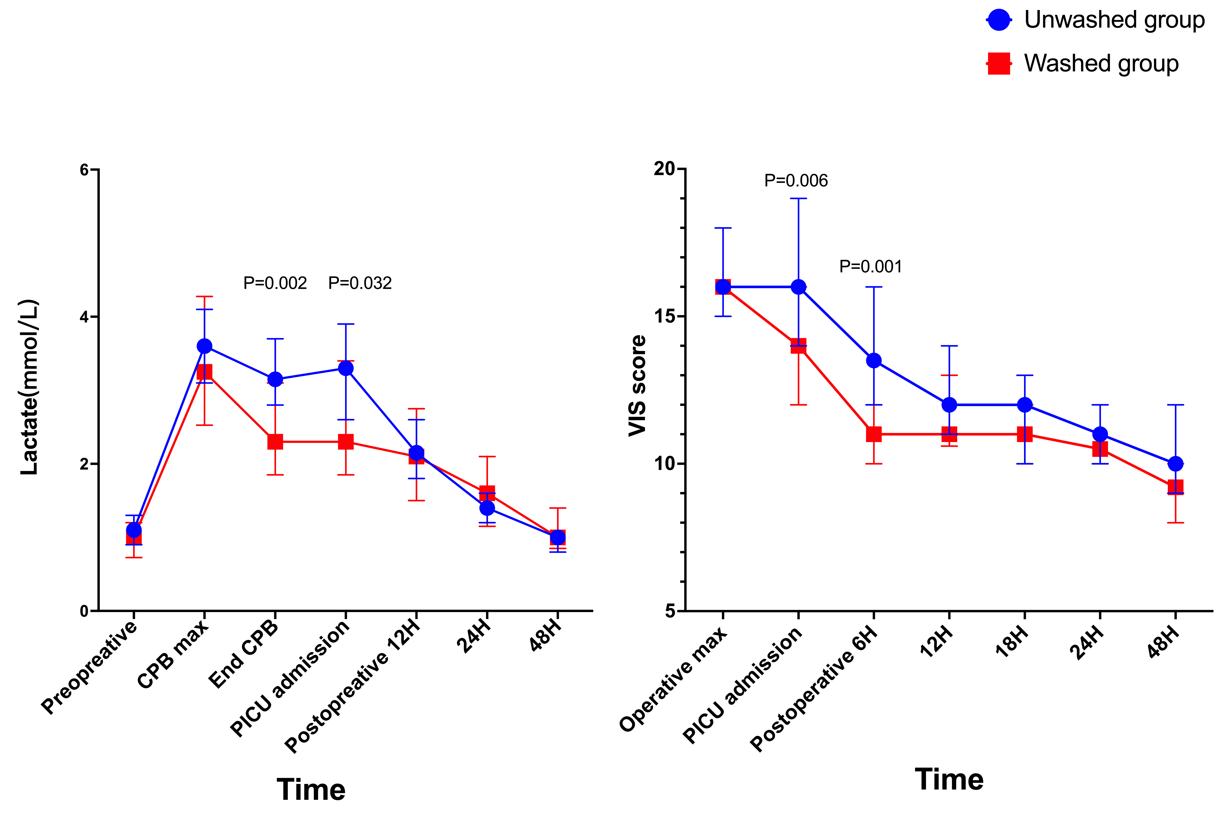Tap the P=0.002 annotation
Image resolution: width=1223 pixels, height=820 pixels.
[275, 283]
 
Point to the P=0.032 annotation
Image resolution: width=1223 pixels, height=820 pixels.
[360, 283]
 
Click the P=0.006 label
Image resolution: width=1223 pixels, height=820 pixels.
[796, 180]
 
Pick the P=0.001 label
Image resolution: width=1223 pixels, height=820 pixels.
[870, 267]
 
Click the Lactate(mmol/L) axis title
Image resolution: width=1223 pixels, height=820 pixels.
[30, 387]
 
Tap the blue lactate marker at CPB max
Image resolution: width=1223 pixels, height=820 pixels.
[204, 346]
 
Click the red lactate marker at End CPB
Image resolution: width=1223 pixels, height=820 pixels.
[275, 442]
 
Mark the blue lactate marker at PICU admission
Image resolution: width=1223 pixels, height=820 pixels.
[346, 368]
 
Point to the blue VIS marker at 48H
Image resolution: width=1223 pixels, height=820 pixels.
[1175, 463]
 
